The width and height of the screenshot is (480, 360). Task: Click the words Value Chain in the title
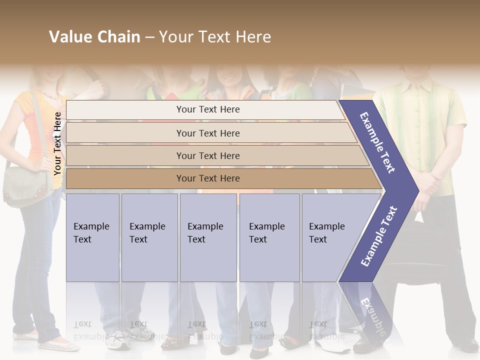(94, 37)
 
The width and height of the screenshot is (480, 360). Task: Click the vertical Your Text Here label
(57, 143)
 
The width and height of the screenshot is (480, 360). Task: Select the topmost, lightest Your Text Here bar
(207, 109)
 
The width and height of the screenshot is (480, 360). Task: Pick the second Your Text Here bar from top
(207, 133)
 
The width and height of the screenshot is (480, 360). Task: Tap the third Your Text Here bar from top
(207, 155)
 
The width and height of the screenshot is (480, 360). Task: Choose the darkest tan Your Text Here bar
(207, 178)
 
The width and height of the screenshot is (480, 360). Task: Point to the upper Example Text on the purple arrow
(377, 142)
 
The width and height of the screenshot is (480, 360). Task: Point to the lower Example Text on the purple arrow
(379, 236)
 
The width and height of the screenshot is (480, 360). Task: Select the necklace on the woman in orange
(49, 93)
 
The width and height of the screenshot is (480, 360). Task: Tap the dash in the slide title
(149, 37)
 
